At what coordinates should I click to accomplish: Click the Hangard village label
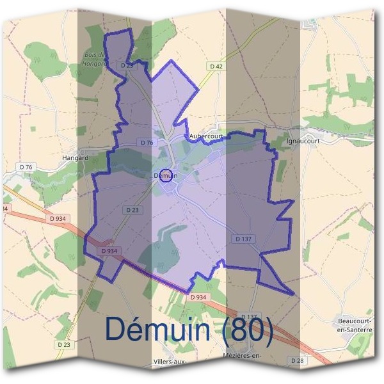point(76,156)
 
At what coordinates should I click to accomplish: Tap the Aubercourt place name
point(206,137)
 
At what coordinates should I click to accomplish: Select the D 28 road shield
point(298,361)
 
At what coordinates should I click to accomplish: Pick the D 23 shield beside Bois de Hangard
point(127,65)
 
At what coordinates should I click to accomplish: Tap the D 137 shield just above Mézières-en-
point(250,317)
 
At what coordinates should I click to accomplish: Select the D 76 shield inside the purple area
point(146,142)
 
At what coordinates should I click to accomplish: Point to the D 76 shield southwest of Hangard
point(27,167)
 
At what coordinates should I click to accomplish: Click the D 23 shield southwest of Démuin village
point(132,209)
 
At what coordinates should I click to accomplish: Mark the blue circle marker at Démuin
point(166,175)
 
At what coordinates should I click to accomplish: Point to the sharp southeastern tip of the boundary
point(294,295)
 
